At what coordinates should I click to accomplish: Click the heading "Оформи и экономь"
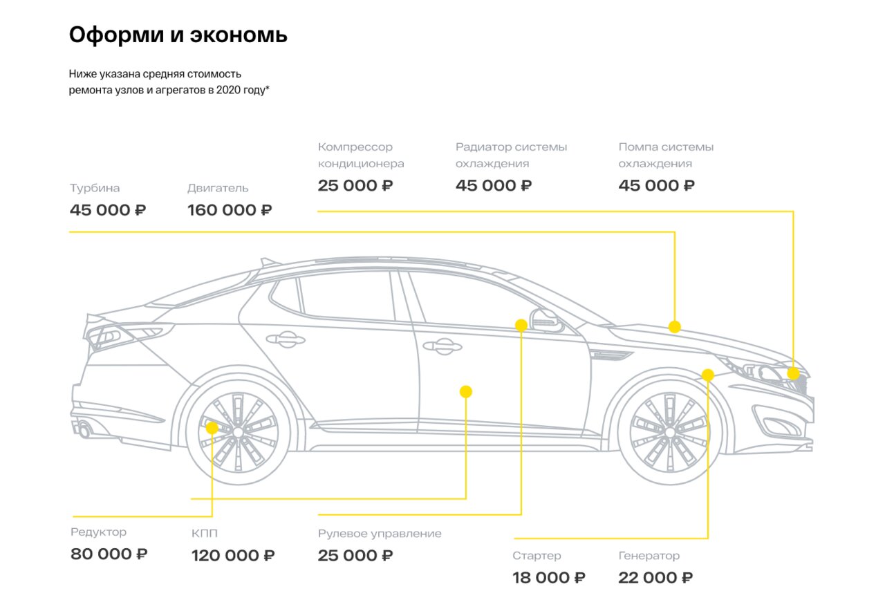[178, 35]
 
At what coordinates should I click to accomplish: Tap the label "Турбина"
[95, 188]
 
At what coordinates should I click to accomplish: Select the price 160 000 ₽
[230, 210]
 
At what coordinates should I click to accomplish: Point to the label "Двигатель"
[218, 188]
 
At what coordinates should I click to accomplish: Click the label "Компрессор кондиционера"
[361, 156]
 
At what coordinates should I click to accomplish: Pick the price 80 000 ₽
[109, 554]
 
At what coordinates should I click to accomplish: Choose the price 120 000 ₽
[233, 555]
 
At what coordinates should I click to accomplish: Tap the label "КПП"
[205, 534]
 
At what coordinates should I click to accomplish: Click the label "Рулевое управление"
[380, 534]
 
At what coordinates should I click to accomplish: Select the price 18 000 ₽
[549, 577]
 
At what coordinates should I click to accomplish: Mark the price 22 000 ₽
[655, 577]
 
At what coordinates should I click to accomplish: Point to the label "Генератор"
[649, 556]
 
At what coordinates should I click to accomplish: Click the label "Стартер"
[537, 556]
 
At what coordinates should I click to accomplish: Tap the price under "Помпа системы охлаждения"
[657, 185]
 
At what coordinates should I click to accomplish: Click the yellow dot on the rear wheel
[212, 428]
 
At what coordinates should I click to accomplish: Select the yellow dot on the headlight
[793, 374]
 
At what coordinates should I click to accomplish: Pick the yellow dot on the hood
[675, 326]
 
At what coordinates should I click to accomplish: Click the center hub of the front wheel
[669, 431]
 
